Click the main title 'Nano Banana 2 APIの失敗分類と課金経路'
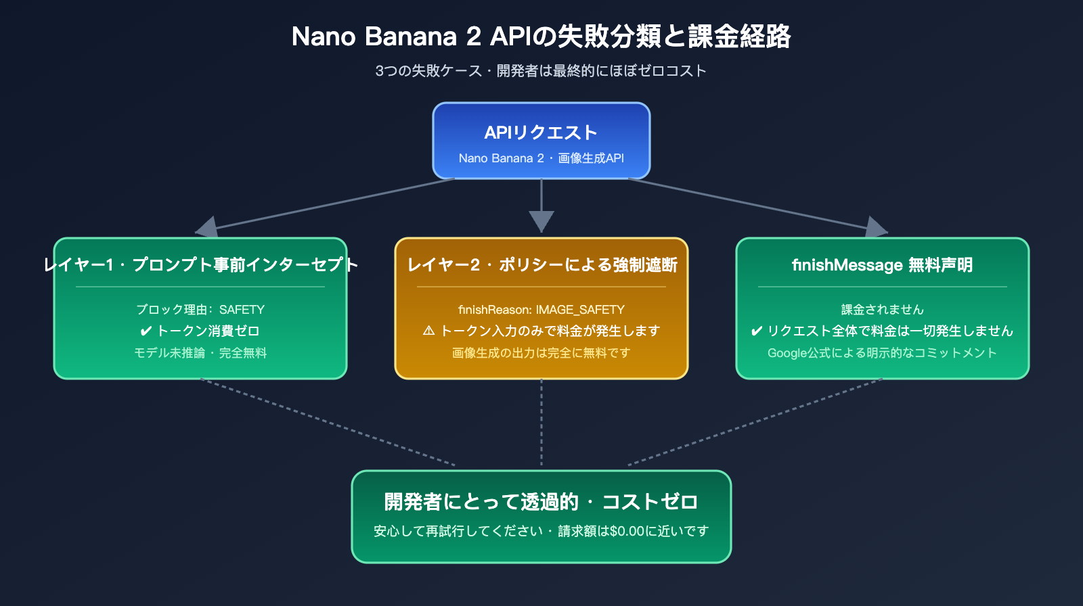tap(541, 37)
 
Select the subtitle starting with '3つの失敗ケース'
tap(541, 71)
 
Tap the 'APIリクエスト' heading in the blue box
tap(541, 133)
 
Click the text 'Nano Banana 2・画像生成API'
tap(541, 158)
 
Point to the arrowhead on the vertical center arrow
tap(541, 221)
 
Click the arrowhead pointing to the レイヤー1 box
tap(207, 228)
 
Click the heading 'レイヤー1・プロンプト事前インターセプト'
tap(200, 264)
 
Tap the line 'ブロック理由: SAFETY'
tap(200, 310)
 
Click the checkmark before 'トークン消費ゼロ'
tap(146, 331)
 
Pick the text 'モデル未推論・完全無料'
tap(200, 353)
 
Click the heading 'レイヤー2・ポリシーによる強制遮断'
tap(541, 264)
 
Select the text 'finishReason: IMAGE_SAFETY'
tap(541, 310)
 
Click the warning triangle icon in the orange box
tap(428, 331)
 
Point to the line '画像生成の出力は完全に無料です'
tap(541, 353)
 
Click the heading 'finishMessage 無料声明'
tap(882, 264)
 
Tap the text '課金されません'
tap(882, 310)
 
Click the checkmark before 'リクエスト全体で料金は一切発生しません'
tap(757, 331)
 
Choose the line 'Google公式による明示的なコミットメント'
tap(882, 353)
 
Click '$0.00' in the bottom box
tap(627, 532)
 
